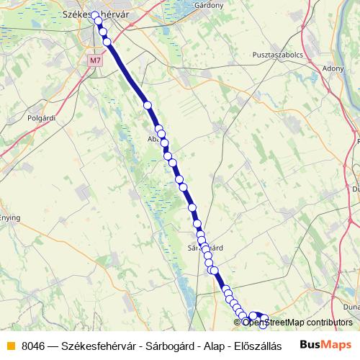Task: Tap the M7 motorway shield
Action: coord(96,60)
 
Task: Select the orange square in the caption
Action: coord(10,345)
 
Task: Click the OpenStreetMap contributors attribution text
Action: coord(297,323)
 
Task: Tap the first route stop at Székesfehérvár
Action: coord(94,14)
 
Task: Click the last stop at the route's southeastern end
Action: coord(264,319)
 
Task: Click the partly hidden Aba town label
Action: coord(153,140)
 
